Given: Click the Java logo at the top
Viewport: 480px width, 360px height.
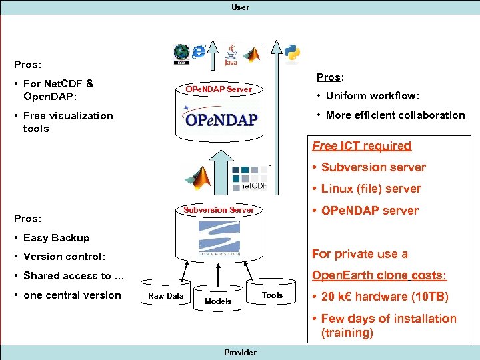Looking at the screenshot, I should (x=231, y=55).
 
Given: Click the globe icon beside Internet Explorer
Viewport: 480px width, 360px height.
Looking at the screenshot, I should (x=181, y=53).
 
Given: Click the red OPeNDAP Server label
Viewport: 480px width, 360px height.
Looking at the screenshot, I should (x=219, y=89).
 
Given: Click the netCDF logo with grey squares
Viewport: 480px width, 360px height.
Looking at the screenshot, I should (x=249, y=177).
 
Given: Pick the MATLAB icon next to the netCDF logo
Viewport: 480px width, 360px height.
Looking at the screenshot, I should (x=200, y=177).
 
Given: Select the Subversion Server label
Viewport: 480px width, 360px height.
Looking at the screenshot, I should (x=219, y=209).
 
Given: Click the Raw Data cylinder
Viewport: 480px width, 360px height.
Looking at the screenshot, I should (x=165, y=296).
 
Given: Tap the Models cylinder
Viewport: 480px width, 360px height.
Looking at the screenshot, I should (x=218, y=301).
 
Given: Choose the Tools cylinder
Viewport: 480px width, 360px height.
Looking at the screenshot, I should (x=272, y=295).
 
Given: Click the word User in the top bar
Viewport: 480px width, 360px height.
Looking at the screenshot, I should (x=240, y=7).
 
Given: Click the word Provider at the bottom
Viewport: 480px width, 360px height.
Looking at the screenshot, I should (x=240, y=352).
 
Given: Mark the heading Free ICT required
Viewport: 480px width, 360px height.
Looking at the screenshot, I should (x=362, y=145).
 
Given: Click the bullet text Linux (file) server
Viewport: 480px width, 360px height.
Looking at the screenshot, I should (x=371, y=189).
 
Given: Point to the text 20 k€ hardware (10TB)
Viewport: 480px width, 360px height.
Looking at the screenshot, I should (x=385, y=297).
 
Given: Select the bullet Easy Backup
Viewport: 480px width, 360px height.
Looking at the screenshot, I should (x=56, y=237).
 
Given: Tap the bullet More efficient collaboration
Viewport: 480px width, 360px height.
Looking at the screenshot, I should (x=395, y=115).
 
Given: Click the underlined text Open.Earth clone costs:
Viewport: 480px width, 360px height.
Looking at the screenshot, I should (x=379, y=275).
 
